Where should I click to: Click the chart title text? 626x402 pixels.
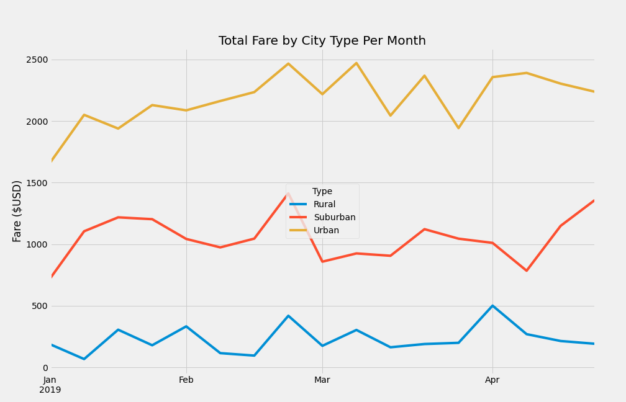[x=322, y=41]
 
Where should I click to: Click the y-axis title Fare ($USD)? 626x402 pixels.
[x=17, y=211]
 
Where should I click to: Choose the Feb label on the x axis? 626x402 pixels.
[x=186, y=380]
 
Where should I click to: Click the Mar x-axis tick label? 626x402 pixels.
[x=322, y=380]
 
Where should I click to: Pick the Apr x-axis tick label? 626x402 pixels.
[x=492, y=380]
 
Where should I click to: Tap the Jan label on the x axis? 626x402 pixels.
[x=50, y=380]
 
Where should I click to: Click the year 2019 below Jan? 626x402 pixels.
[x=50, y=390]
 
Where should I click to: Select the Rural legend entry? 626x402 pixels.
[x=324, y=205]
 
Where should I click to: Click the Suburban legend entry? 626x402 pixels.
[x=334, y=218]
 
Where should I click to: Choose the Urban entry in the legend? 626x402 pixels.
[x=326, y=231]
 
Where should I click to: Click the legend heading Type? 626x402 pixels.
[x=322, y=192]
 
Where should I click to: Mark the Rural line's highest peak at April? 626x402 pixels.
[x=492, y=306]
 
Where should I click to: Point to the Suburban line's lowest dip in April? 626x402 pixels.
[x=527, y=270]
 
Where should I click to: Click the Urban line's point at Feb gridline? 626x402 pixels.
[x=186, y=110]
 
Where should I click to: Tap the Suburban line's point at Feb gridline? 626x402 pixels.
[x=186, y=239]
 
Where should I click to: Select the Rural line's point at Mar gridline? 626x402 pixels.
[x=322, y=346]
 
